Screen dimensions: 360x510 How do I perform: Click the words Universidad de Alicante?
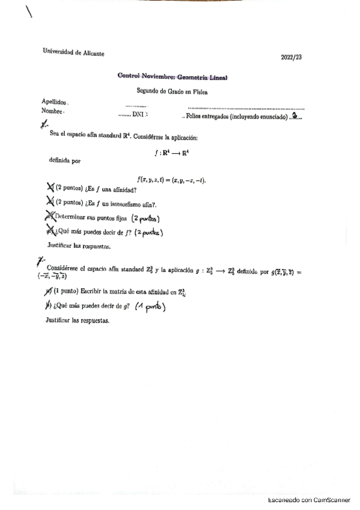[x=73, y=52]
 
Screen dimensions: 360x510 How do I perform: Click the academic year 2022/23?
[x=291, y=57]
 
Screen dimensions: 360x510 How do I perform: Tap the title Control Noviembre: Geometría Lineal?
[x=173, y=76]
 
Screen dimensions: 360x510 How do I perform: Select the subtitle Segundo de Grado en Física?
[x=172, y=90]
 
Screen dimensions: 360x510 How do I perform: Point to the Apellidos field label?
[x=54, y=102]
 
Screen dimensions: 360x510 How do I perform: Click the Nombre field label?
[x=52, y=111]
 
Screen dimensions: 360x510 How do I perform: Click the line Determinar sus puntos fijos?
[x=90, y=218]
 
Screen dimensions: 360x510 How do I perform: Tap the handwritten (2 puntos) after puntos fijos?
[x=145, y=218]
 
